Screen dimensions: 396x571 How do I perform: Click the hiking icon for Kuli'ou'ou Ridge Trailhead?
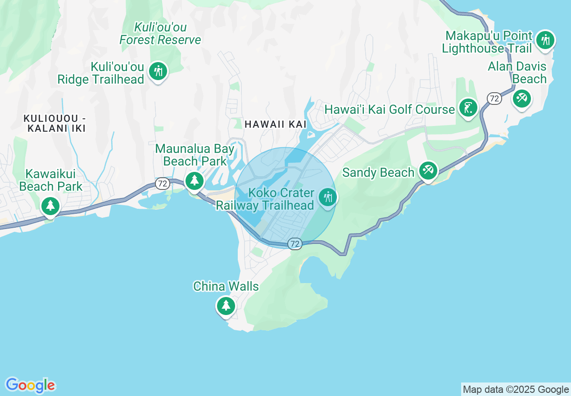pos(158,71)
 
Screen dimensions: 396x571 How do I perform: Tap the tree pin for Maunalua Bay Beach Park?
pos(195,180)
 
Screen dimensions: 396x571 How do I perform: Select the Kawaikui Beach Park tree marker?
pos(50,206)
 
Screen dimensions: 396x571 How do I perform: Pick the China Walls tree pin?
pos(226,306)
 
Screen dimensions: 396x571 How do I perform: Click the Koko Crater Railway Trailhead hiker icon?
pos(327,197)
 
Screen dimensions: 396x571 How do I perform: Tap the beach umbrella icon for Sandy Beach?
pos(427,171)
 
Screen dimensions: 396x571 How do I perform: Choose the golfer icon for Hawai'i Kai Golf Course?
pos(468,108)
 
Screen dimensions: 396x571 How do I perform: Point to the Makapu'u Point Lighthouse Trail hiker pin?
pos(545,40)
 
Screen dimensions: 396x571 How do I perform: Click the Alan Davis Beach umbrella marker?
pos(522,98)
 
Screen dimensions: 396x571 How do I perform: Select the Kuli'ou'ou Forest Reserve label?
pos(160,34)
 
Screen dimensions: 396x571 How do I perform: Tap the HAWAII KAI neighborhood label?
pos(276,125)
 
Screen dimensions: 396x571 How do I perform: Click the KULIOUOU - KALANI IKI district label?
pos(55,123)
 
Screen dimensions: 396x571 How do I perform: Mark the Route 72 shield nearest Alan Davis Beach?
pos(494,99)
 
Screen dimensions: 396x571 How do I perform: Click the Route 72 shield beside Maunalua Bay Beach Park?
pos(163,184)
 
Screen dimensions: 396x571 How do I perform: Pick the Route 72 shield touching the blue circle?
pos(295,244)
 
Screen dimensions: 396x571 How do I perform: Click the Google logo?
pos(30,385)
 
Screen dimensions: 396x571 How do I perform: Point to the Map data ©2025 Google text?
pos(516,390)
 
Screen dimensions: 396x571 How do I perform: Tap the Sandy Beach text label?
pos(378,173)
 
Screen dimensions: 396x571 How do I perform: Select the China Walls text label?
pos(226,287)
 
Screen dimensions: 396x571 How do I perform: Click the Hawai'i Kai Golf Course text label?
pos(390,110)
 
